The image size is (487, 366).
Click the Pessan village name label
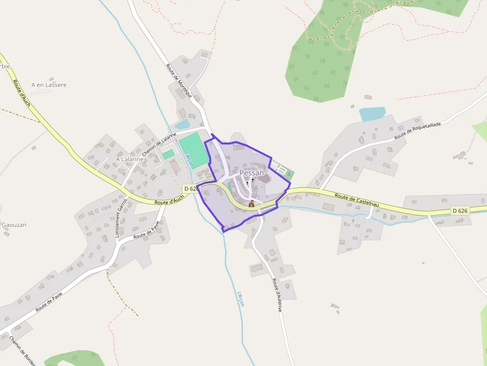pos(251,173)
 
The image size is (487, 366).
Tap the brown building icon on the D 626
pos(251,204)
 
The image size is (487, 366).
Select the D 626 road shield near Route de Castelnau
pos(460,211)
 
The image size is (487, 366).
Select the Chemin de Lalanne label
pos(160,145)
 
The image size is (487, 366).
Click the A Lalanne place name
pos(129,159)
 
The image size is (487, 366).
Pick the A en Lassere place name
pos(49,85)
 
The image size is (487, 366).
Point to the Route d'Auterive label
pos(277,295)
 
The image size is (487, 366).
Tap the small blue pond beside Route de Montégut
pos(182,124)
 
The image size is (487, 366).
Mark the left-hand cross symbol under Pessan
pos(247,183)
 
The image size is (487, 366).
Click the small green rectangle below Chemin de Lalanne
pos(168,154)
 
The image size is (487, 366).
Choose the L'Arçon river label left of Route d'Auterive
pos(241,298)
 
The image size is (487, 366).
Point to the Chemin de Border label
pos(23,352)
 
